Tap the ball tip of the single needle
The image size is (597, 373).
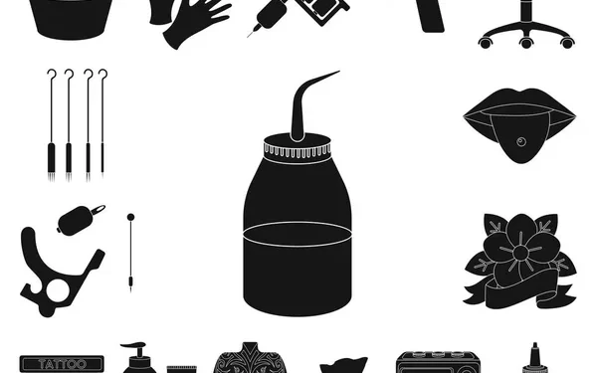pos(130,215)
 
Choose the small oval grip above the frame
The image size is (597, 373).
pos(76,219)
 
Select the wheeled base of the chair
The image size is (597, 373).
pos(525,38)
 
